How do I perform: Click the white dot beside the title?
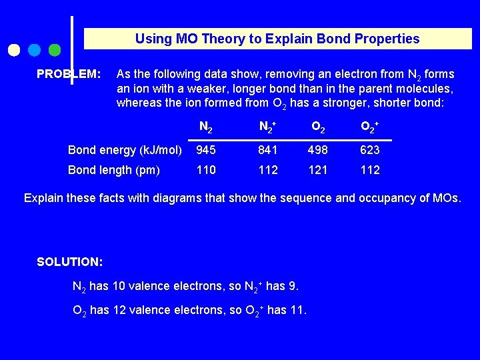coord(13,50)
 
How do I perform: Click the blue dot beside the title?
coord(35,50)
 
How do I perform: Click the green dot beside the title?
coord(55,50)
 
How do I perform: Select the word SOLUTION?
coord(69,261)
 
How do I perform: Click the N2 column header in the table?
coord(206,127)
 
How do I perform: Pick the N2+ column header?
coord(268,127)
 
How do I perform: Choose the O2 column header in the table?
coord(318,127)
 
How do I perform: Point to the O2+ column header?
coord(370,127)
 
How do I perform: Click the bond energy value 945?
coord(206,150)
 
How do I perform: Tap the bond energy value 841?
coord(268,150)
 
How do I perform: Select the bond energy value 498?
coord(318,150)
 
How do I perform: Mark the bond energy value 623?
coord(370,150)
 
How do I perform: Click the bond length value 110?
coord(206,170)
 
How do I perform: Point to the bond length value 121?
coord(318,170)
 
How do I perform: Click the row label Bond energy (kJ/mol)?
coord(125,150)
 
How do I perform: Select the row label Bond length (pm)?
coord(114,170)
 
